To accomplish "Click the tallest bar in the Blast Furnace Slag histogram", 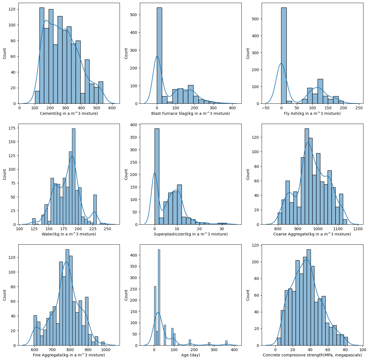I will [159, 56].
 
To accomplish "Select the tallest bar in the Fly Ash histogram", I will [284, 56].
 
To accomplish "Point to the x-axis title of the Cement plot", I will [69, 113].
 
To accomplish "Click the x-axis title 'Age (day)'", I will [190, 355].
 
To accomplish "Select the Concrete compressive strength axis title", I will [312, 355].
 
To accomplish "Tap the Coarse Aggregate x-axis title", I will [312, 234].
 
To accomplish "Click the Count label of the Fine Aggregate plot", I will [5, 295].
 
